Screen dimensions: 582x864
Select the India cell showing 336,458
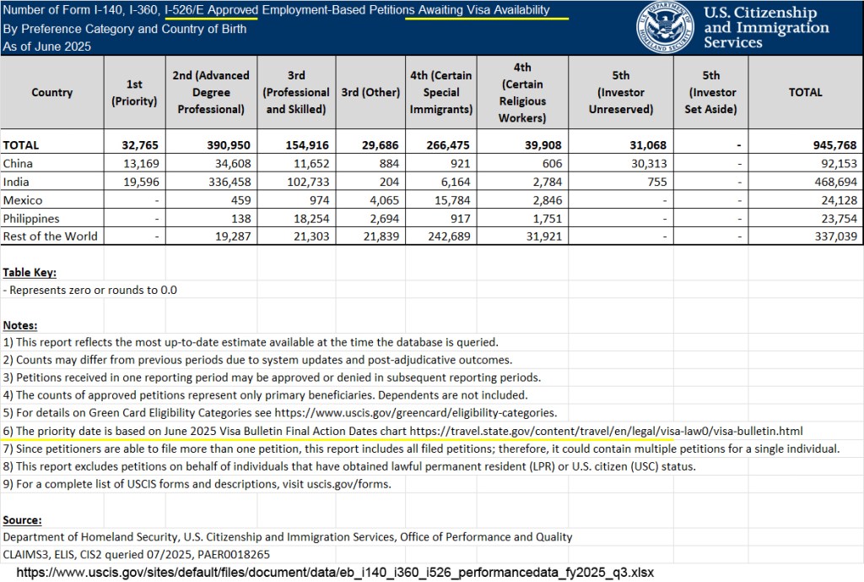pos(222,182)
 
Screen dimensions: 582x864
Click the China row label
pos(18,164)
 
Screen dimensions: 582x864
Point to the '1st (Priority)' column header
pos(135,93)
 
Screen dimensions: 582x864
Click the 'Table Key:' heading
pos(30,272)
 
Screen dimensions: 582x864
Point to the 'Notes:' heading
pos(20,325)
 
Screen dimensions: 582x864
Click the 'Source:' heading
pos(22,519)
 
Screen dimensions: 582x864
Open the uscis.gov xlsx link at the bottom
pos(334,573)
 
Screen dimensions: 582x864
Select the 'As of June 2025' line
pos(46,46)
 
